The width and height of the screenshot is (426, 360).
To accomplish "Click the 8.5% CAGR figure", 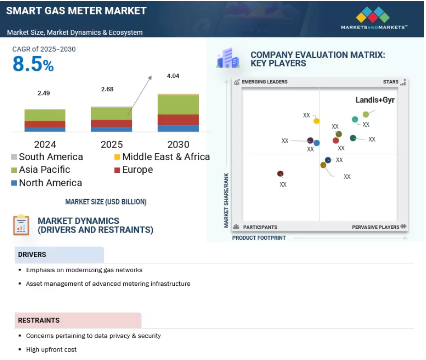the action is [x=33, y=64].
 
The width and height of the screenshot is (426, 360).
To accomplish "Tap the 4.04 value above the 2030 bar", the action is [x=173, y=76].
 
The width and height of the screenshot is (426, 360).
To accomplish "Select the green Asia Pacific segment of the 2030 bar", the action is [x=178, y=104].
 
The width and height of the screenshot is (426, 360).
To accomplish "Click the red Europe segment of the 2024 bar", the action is [x=45, y=124].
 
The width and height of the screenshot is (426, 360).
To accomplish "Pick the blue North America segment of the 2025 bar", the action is [x=112, y=129].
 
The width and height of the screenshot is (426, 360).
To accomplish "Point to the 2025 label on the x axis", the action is [x=112, y=144].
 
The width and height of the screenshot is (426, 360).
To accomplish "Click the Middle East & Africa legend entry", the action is [x=162, y=157].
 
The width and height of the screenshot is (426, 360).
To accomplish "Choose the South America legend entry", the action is [x=47, y=157].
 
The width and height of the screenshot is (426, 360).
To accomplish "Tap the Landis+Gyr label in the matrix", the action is [x=375, y=100].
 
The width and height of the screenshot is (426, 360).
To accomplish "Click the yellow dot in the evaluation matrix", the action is [x=317, y=121].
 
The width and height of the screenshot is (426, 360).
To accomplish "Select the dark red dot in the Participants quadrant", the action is [x=281, y=174].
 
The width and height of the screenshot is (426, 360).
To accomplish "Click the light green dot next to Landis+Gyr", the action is [x=365, y=114].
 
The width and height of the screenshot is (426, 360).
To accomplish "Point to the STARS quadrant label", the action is [x=391, y=82].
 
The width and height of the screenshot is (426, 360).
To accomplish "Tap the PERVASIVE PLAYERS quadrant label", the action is [x=376, y=227].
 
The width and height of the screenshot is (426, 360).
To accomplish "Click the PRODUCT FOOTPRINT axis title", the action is [x=259, y=238].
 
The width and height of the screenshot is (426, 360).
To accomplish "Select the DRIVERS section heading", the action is [x=32, y=255].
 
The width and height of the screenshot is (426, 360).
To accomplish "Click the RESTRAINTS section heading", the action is [x=39, y=320].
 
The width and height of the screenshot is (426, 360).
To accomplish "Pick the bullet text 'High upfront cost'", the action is [x=51, y=350].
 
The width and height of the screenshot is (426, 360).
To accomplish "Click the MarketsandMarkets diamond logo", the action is [x=373, y=14].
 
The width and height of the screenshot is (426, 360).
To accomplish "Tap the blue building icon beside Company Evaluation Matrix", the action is [x=228, y=57].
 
